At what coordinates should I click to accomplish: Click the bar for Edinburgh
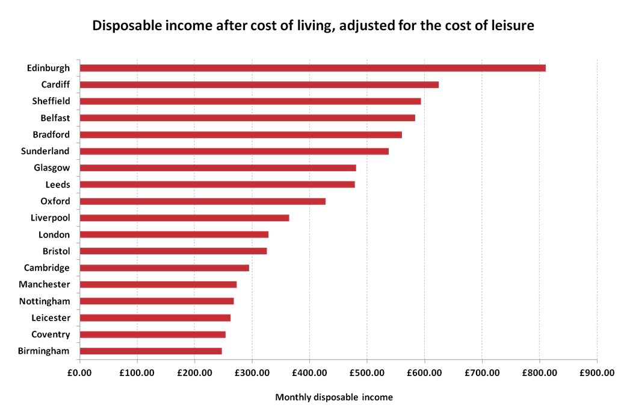click(313, 67)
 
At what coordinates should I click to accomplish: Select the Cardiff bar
click(259, 84)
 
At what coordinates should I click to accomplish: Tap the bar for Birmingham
click(151, 351)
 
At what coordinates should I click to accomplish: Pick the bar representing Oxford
click(203, 201)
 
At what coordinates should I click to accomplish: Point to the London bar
click(174, 234)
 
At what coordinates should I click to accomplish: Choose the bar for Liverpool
click(185, 218)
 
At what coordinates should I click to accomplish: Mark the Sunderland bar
click(235, 151)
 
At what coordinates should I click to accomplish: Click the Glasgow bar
click(218, 168)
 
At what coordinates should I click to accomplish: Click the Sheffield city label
click(51, 101)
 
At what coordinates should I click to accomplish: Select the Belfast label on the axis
click(55, 118)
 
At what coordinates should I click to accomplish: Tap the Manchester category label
click(45, 284)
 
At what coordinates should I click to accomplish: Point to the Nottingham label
click(45, 301)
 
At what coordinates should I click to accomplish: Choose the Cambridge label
click(47, 268)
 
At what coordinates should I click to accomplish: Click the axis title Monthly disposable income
click(334, 397)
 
